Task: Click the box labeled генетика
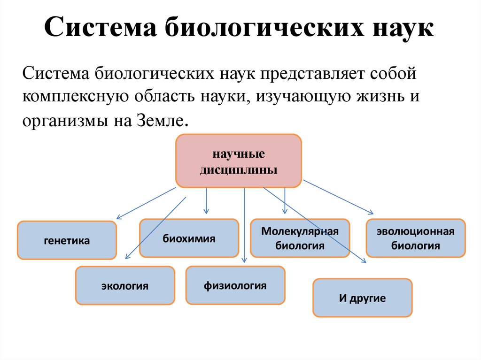pyautogui.click(x=67, y=240)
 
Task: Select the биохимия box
pyautogui.click(x=189, y=238)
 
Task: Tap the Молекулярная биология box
pyautogui.click(x=300, y=238)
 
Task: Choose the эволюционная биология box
pyautogui.click(x=416, y=238)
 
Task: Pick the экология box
pyautogui.click(x=125, y=285)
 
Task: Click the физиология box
pyautogui.click(x=235, y=285)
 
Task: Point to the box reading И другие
pyautogui.click(x=362, y=298)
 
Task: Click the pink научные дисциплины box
pyautogui.click(x=239, y=161)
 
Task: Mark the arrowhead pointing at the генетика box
pyautogui.click(x=118, y=218)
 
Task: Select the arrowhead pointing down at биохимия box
pyautogui.click(x=206, y=212)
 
